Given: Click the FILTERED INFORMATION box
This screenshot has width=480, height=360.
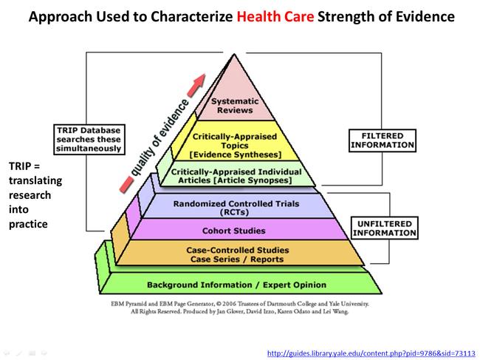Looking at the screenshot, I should click(x=382, y=140).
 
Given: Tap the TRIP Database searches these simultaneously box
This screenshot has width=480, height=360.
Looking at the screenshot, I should click(x=89, y=139).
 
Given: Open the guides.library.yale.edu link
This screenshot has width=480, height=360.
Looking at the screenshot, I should click(x=371, y=353).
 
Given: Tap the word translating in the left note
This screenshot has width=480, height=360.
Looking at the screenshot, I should click(x=35, y=180).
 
